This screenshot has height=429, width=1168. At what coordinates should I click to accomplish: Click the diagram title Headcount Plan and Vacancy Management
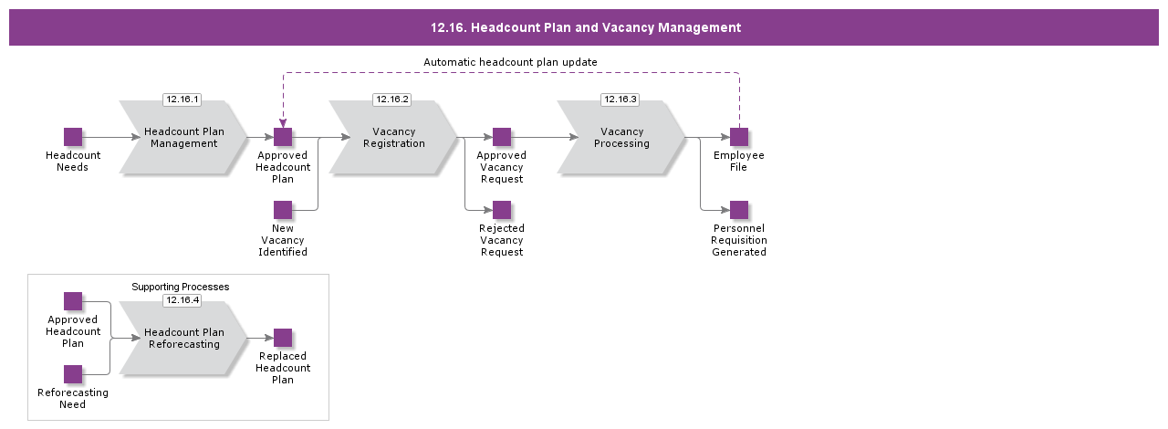click(x=585, y=27)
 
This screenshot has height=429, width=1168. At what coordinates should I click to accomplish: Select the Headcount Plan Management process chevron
click(x=183, y=138)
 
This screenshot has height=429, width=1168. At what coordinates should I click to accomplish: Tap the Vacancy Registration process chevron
click(x=393, y=138)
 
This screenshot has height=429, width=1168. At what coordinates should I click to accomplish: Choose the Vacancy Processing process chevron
click(x=621, y=138)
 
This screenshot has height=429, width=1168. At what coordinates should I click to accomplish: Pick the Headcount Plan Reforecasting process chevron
click(x=183, y=339)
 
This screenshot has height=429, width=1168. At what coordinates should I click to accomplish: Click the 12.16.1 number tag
click(x=182, y=99)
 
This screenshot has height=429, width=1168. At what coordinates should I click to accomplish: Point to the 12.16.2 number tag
click(x=391, y=99)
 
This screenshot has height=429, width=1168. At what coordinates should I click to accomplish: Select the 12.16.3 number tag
click(x=620, y=99)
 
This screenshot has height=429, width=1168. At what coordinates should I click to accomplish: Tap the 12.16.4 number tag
click(x=182, y=299)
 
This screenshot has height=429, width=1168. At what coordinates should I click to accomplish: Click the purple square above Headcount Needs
click(x=73, y=137)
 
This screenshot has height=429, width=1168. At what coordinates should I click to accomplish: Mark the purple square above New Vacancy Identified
click(x=283, y=210)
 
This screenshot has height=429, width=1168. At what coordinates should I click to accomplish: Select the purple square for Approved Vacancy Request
click(x=502, y=137)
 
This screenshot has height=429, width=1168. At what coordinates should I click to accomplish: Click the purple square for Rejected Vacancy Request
click(x=502, y=210)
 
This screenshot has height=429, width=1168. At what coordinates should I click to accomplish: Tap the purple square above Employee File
click(x=739, y=137)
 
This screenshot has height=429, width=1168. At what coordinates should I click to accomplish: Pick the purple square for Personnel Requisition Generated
click(x=739, y=210)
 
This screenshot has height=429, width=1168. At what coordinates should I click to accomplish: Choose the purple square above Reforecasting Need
click(x=73, y=374)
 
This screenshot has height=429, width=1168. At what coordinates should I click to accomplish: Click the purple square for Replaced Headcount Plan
click(x=283, y=338)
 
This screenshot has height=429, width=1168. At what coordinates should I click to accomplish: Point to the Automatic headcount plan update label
click(x=510, y=62)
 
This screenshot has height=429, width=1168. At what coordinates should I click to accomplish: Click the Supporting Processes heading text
click(x=180, y=287)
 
